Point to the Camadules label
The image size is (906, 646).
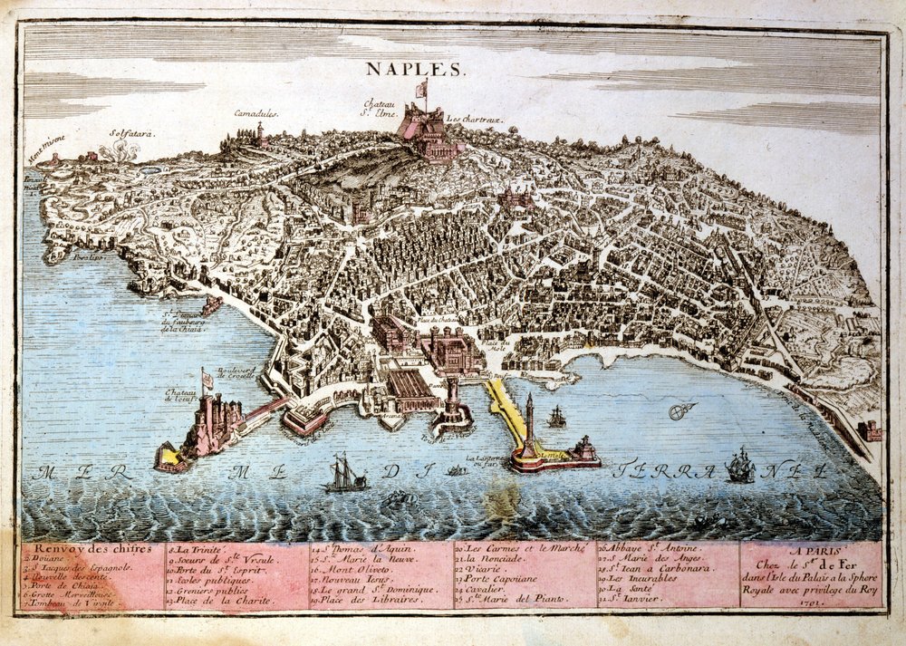pyautogui.click(x=255, y=114)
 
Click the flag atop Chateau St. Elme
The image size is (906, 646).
pyautogui.click(x=421, y=89)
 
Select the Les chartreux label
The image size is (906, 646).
pyautogui.click(x=473, y=119)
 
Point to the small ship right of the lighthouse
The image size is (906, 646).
pyautogui.click(x=556, y=417)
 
